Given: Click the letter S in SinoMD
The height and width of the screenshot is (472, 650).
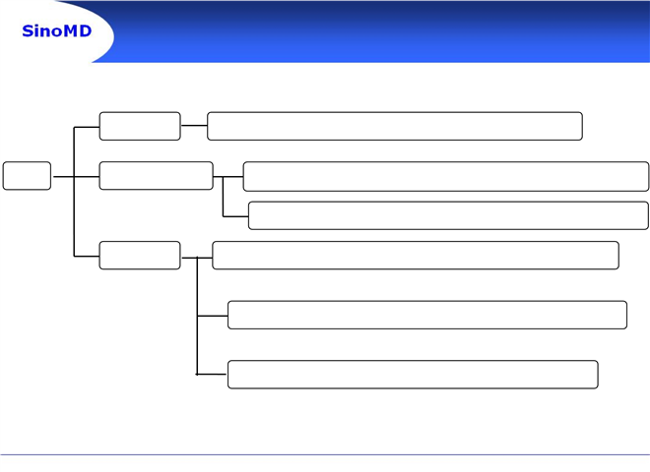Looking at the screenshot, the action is pyautogui.click(x=28, y=31).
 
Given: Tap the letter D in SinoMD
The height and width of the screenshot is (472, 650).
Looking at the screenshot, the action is pyautogui.click(x=85, y=31).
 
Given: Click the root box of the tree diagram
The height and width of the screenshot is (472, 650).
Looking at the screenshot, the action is pyautogui.click(x=27, y=176).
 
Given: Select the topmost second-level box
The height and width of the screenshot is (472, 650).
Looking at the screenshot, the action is pyautogui.click(x=140, y=126).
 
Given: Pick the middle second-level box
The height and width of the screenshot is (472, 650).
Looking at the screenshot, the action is pyautogui.click(x=157, y=176).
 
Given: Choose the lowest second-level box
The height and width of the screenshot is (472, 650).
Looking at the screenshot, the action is pyautogui.click(x=140, y=256).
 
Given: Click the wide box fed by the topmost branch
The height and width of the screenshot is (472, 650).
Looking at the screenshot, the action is pyautogui.click(x=395, y=126).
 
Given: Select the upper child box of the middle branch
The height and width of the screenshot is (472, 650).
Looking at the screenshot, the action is pyautogui.click(x=446, y=176).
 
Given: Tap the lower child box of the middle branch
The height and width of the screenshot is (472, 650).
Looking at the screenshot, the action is pyautogui.click(x=448, y=215).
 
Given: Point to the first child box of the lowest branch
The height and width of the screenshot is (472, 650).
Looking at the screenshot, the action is pyautogui.click(x=416, y=256).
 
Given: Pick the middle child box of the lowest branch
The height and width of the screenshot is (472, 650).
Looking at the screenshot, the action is pyautogui.click(x=427, y=315).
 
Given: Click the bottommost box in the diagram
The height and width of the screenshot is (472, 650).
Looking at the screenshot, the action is pyautogui.click(x=413, y=375).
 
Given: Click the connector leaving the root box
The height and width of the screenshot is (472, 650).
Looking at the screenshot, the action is pyautogui.click(x=64, y=177).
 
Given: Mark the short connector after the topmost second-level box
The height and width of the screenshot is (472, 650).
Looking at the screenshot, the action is pyautogui.click(x=194, y=125).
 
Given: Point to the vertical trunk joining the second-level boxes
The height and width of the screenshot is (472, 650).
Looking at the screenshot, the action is pyautogui.click(x=74, y=192).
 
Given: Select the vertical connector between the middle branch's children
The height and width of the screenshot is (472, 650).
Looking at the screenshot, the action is pyautogui.click(x=223, y=197).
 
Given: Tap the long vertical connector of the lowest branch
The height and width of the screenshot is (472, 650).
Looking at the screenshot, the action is pyautogui.click(x=197, y=316).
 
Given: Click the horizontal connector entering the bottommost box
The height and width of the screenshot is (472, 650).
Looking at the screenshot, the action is pyautogui.click(x=212, y=375).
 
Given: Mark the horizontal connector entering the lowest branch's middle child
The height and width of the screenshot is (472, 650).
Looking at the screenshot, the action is pyautogui.click(x=213, y=316).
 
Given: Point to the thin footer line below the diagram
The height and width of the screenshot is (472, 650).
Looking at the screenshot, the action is pyautogui.click(x=325, y=454).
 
